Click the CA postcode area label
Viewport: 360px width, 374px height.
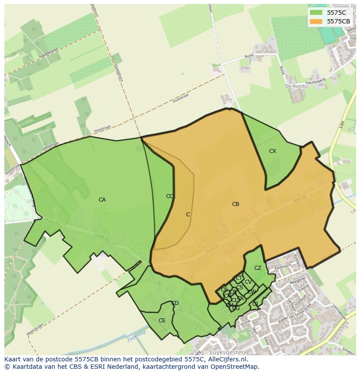(102, 200)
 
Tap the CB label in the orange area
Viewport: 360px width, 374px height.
(236, 204)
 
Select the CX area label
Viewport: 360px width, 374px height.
(273, 151)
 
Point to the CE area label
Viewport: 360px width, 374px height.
(162, 321)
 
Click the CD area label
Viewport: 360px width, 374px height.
(175, 303)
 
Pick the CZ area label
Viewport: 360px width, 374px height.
(258, 268)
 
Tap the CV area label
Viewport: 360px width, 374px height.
(248, 282)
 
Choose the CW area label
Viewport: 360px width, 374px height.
(251, 292)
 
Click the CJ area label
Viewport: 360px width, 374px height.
(255, 304)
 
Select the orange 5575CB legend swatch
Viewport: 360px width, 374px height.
(316, 21)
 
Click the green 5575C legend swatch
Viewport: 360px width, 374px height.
(316, 13)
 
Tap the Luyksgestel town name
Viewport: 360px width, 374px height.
(226, 352)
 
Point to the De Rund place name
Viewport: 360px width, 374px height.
(294, 86)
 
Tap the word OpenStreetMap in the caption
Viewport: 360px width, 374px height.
(235, 367)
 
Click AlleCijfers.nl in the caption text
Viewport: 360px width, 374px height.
(227, 359)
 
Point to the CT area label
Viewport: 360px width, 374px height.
(239, 278)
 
